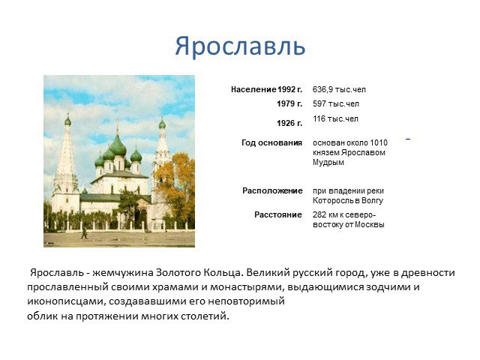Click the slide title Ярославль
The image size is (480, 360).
click(240, 46)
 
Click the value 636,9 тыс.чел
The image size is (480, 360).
click(339, 90)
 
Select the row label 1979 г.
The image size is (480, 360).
click(289, 103)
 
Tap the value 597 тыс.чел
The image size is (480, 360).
click(336, 103)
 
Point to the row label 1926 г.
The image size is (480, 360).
click(289, 123)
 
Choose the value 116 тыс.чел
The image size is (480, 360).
click(335, 118)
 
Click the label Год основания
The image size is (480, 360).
click(271, 142)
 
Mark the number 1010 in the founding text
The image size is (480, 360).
click(379, 142)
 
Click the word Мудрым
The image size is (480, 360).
click(328, 162)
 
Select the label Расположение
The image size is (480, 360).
click(272, 190)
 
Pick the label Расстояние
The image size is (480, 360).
click(278, 214)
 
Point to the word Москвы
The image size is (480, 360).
click(370, 224)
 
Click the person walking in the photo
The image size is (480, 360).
click(84, 232)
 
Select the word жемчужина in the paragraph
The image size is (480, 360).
click(122, 273)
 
